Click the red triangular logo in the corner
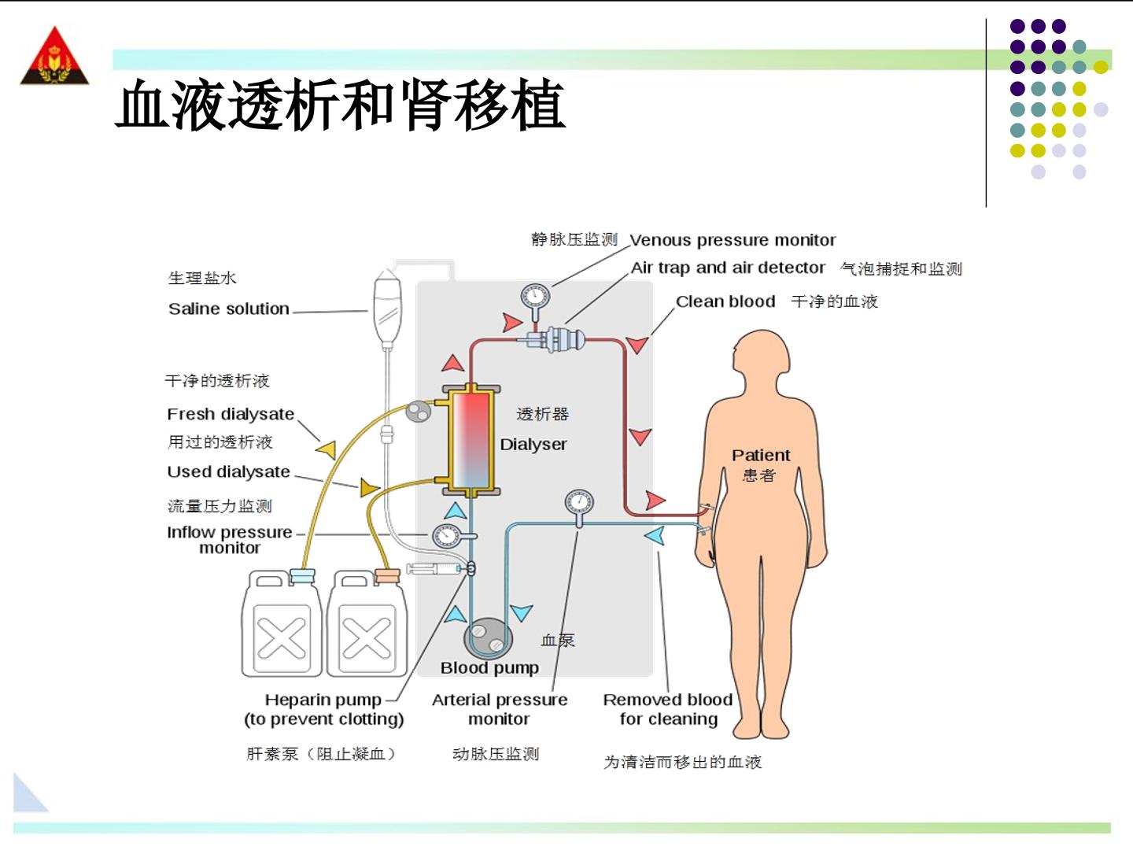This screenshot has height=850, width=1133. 54,57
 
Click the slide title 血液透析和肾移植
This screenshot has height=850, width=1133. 341,105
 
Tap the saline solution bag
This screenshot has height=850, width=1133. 388,307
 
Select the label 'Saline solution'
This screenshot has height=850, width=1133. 229,309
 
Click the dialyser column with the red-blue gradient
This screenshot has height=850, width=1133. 471,440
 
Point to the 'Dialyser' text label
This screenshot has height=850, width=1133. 533,445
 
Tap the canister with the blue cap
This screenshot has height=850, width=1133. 282,623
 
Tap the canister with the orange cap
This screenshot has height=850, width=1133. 367,623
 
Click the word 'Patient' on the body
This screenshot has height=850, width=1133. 761,455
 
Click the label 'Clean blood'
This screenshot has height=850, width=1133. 725,301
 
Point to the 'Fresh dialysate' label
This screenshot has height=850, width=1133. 231,414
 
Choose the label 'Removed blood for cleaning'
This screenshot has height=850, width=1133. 669,709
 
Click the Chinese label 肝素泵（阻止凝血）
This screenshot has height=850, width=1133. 321,754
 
